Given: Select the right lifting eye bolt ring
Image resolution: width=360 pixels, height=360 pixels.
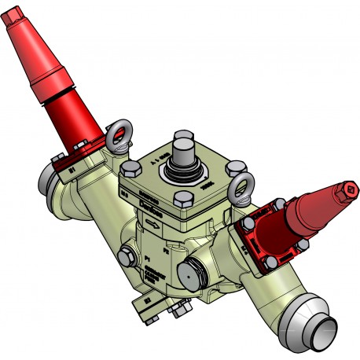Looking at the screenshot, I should [241, 185].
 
